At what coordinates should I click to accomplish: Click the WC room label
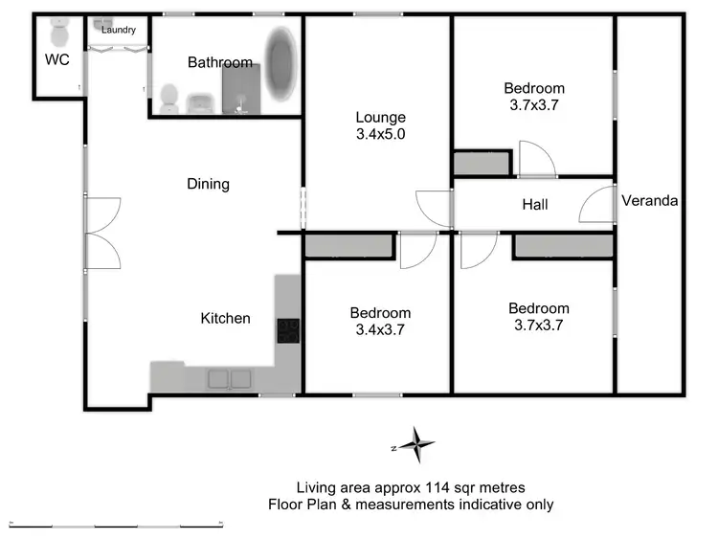tap(56, 60)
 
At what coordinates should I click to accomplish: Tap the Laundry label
tap(119, 31)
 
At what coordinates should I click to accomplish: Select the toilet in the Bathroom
tap(170, 96)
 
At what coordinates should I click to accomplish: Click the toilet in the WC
tap(59, 34)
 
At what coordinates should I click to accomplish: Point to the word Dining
tap(208, 184)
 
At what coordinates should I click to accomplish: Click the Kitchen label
tap(225, 319)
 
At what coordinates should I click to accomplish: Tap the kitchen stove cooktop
tap(287, 330)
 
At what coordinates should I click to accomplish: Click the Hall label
tap(534, 205)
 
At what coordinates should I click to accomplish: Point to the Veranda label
tap(649, 201)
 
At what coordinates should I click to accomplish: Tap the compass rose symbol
tap(416, 445)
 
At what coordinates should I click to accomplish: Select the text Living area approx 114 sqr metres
tap(410, 487)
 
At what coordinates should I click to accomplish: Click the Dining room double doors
tap(102, 233)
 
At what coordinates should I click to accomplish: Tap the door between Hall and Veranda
tap(597, 205)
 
